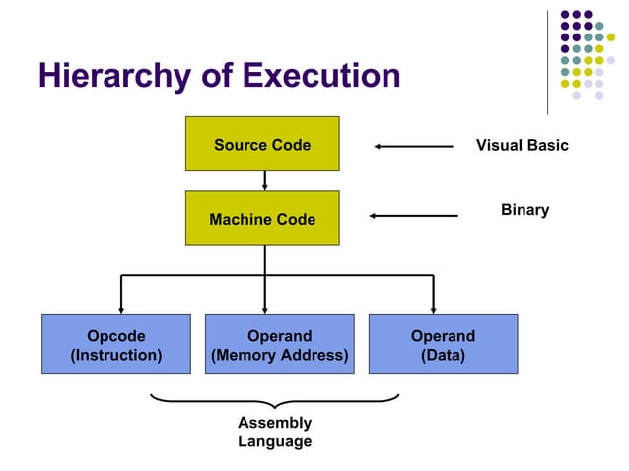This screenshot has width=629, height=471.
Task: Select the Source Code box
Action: click(x=262, y=144)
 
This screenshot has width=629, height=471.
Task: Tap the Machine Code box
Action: click(x=262, y=218)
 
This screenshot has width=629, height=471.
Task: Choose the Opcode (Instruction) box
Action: click(x=116, y=345)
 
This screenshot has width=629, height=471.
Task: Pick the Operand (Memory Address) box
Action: click(x=279, y=345)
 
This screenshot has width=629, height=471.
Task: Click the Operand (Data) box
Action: click(x=443, y=345)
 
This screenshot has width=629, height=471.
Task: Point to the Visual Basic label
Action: click(x=523, y=145)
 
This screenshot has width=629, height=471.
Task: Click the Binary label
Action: click(x=524, y=210)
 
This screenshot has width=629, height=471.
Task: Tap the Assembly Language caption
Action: click(x=274, y=432)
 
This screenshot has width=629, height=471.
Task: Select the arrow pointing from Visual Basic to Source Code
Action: click(x=413, y=146)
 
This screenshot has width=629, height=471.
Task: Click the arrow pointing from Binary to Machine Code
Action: click(x=413, y=215)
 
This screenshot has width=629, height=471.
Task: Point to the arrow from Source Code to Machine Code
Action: click(x=264, y=180)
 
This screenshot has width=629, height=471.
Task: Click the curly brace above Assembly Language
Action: click(x=274, y=401)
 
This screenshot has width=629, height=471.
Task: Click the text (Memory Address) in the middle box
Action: click(x=279, y=355)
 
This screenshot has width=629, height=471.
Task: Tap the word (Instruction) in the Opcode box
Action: click(x=116, y=355)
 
